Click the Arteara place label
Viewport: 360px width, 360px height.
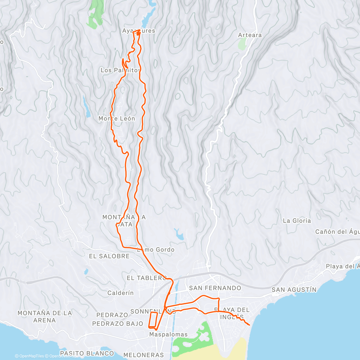coord(250,35)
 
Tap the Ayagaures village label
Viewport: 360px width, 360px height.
coord(139,31)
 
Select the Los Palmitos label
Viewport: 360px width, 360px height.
coord(120,70)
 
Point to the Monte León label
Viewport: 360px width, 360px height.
coord(117,118)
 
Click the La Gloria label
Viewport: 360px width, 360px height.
coord(297,220)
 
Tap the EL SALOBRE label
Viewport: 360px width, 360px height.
coord(109,256)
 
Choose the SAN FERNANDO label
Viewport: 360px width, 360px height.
coord(215,288)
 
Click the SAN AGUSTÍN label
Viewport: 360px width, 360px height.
coord(294,289)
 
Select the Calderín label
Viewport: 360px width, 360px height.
coord(120,293)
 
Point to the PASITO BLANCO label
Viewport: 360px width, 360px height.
coord(87,353)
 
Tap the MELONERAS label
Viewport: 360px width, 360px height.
coord(144,355)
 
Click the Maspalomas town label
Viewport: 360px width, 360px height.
coord(168,334)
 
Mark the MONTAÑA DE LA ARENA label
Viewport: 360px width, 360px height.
coord(45,316)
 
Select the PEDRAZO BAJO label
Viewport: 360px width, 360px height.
coord(117,324)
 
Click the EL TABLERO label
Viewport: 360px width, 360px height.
coord(146,278)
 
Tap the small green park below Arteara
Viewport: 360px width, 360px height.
coord(242,44)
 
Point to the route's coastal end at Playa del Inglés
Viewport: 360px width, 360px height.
coord(249,325)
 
